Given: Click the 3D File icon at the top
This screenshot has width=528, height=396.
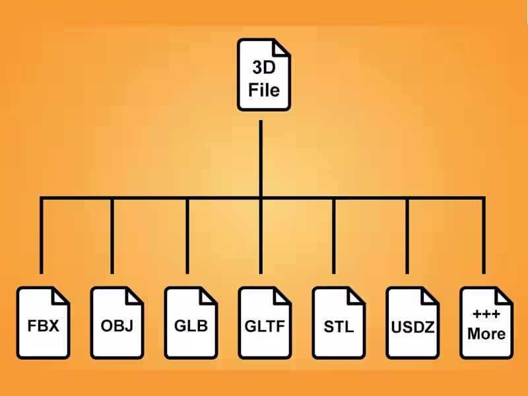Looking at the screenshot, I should [x=264, y=74].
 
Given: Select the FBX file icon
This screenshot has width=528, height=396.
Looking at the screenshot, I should [x=43, y=323].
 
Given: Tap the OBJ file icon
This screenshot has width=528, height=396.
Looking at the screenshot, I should [x=117, y=323].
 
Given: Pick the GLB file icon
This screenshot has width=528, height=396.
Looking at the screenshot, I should [x=191, y=323].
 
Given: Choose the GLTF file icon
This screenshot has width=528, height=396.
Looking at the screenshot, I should [x=265, y=323].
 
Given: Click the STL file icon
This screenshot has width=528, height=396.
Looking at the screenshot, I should [x=339, y=323].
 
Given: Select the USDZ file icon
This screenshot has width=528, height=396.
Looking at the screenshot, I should [x=412, y=323].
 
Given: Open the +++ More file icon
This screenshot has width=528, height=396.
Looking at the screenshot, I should [x=486, y=323].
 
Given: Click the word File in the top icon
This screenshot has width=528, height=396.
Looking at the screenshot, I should [x=264, y=88].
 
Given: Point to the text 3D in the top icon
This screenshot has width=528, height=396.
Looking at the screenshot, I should [x=264, y=68].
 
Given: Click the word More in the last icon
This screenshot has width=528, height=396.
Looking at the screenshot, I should [x=486, y=333].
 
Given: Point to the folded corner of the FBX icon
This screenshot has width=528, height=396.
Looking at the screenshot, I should [x=61, y=295].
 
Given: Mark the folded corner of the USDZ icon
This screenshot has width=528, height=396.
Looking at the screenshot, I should [x=431, y=295].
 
